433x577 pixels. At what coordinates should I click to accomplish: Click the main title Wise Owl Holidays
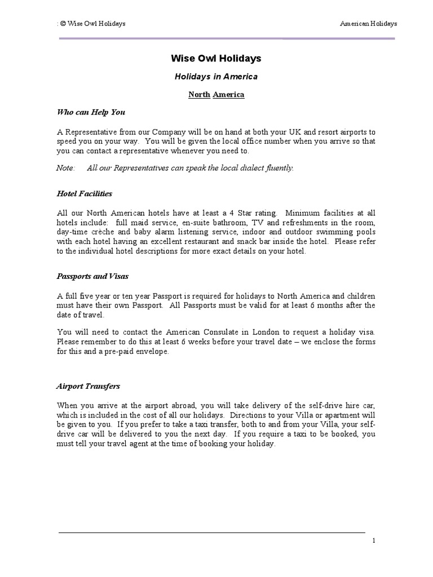point(216,59)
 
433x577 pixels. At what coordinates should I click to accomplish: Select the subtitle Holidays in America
point(216,77)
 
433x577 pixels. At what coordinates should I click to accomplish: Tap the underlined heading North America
point(216,95)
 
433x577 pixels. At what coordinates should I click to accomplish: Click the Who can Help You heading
point(91,112)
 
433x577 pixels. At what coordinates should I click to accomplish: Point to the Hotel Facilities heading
point(85,194)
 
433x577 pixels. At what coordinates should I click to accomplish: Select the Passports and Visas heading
point(92,277)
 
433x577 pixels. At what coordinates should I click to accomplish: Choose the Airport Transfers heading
point(88,387)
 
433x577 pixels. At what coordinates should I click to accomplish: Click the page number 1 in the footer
point(373,541)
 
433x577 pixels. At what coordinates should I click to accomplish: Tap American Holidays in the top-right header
point(369,24)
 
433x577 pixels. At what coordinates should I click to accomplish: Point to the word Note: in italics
point(66,168)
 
